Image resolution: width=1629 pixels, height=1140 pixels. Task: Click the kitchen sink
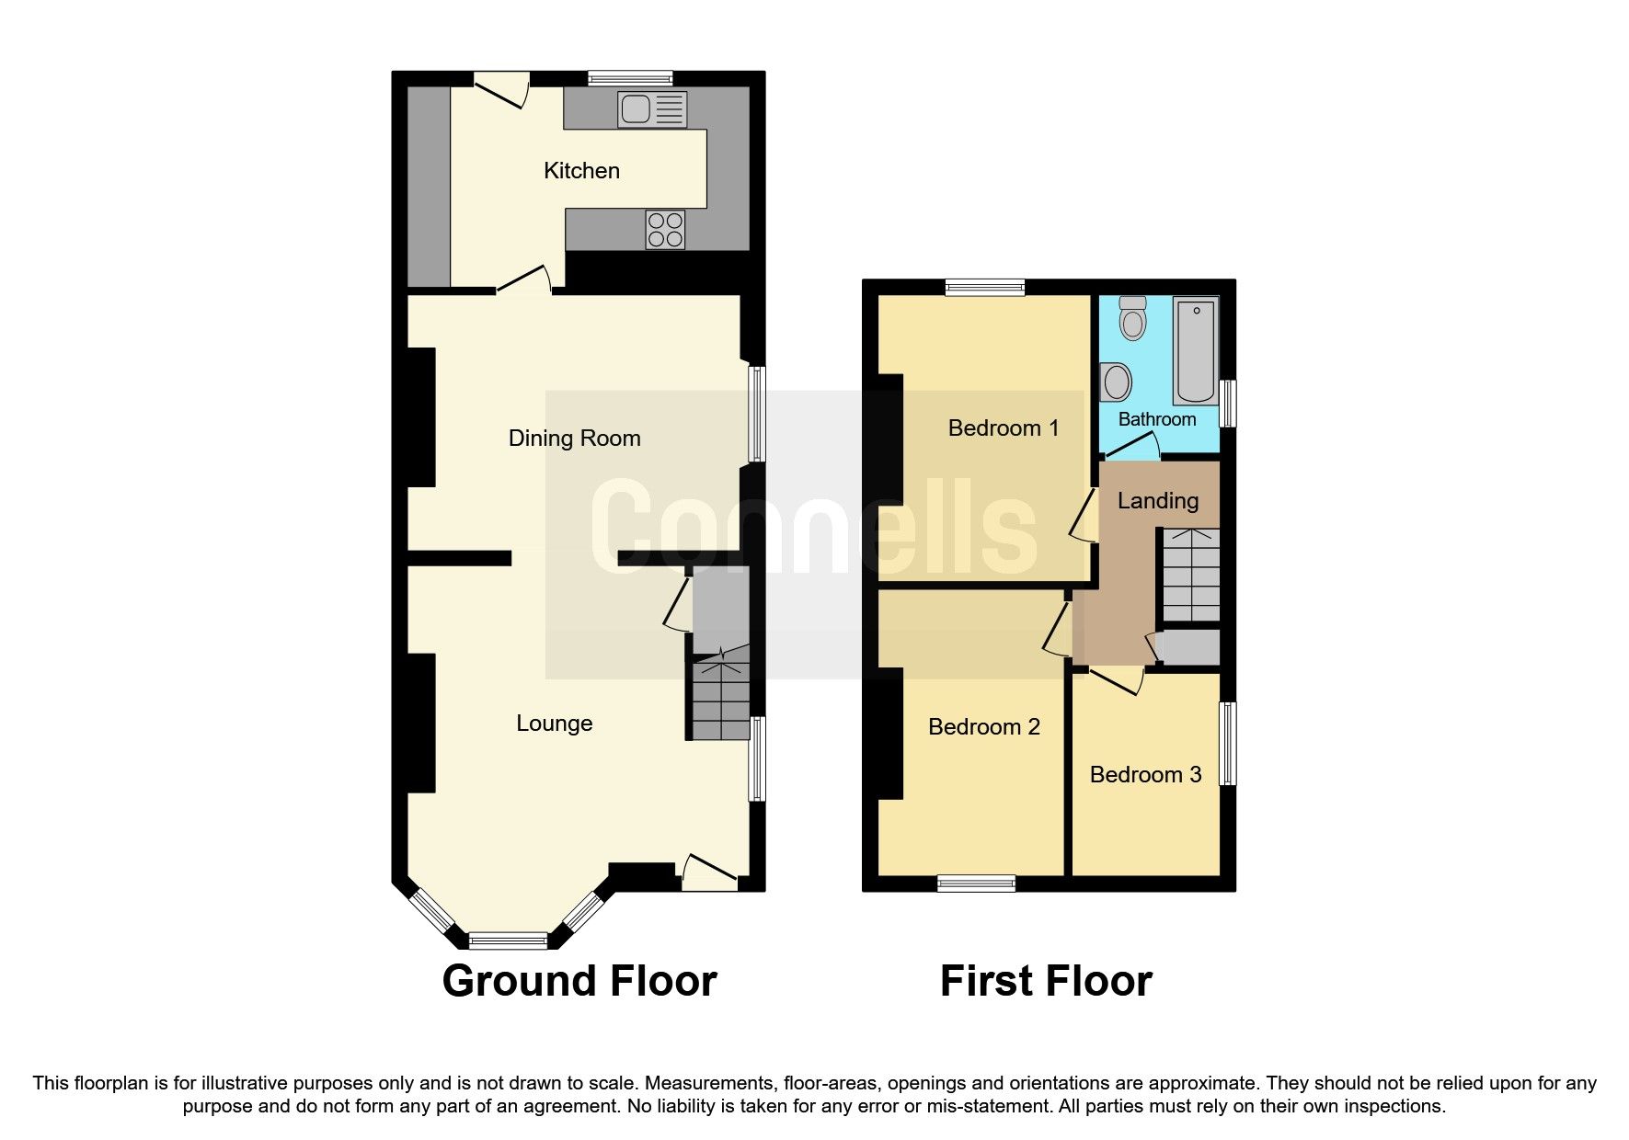[x=651, y=109]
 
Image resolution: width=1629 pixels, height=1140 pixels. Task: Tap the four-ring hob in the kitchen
[x=665, y=230]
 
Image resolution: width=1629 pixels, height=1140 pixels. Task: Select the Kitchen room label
[x=581, y=171]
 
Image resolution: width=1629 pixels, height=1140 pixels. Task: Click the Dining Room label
[x=574, y=439]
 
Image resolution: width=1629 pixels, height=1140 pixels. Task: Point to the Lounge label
[x=554, y=724]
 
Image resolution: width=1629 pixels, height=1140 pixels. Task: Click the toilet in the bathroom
[x=1133, y=318]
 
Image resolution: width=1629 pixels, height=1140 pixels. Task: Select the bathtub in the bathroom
[x=1196, y=350]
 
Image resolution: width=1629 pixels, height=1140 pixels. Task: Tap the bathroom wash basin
[x=1116, y=382]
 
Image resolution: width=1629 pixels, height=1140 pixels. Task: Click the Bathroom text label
[x=1157, y=419]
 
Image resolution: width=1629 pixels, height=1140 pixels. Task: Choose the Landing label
[x=1158, y=501]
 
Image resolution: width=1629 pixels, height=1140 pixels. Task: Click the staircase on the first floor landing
[x=1191, y=575]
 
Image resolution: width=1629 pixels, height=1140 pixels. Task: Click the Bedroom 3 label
[x=1145, y=775]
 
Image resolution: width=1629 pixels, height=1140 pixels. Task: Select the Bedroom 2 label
[x=983, y=727]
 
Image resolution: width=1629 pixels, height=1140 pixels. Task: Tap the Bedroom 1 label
[x=1003, y=428]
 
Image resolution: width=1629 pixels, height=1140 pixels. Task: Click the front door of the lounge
[x=709, y=873]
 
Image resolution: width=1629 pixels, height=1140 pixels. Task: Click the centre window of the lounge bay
[x=508, y=940]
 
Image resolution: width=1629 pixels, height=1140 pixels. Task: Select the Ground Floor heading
[x=579, y=981]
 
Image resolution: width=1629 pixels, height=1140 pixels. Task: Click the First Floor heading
[x=1046, y=981]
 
